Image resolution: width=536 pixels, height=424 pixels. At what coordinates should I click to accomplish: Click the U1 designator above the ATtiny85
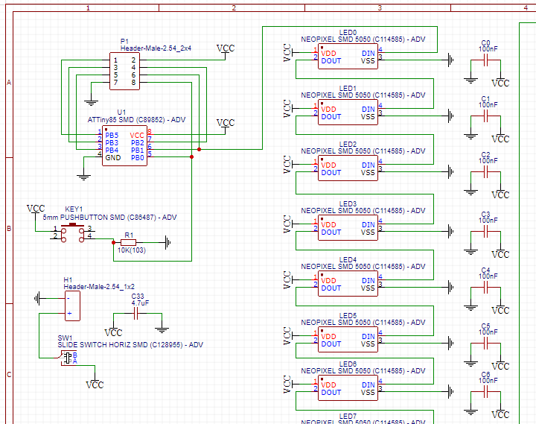[121, 111]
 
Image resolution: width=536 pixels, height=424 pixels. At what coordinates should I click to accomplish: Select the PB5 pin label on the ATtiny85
[111, 135]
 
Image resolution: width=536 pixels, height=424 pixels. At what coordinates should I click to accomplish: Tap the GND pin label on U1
[112, 157]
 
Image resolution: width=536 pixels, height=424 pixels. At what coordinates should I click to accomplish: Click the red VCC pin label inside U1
[137, 135]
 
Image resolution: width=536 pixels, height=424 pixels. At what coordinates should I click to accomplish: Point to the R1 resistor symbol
[130, 242]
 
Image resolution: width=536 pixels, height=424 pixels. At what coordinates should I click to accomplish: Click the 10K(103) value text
[131, 250]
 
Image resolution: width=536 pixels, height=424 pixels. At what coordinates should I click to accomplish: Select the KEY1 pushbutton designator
[74, 209]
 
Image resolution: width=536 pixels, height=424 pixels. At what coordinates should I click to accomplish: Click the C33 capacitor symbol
[137, 314]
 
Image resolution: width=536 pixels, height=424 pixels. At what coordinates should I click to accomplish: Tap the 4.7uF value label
[139, 303]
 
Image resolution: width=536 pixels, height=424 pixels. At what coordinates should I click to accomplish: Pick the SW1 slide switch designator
[66, 338]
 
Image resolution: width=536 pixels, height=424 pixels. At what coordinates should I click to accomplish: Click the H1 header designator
[68, 279]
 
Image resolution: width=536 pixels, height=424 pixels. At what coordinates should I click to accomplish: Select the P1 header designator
[124, 40]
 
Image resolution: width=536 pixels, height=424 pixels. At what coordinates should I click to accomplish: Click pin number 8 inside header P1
[133, 82]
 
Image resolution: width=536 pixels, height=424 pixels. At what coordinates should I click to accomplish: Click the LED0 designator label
[348, 32]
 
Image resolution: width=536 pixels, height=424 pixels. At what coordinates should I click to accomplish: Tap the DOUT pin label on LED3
[331, 232]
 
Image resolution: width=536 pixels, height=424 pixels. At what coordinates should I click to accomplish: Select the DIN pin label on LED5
[368, 337]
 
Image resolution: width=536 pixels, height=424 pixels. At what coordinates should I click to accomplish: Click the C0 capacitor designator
[485, 42]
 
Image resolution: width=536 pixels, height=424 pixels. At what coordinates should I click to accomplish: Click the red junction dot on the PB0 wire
[191, 157]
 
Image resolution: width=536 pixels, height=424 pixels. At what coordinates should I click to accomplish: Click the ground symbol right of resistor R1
[167, 242]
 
